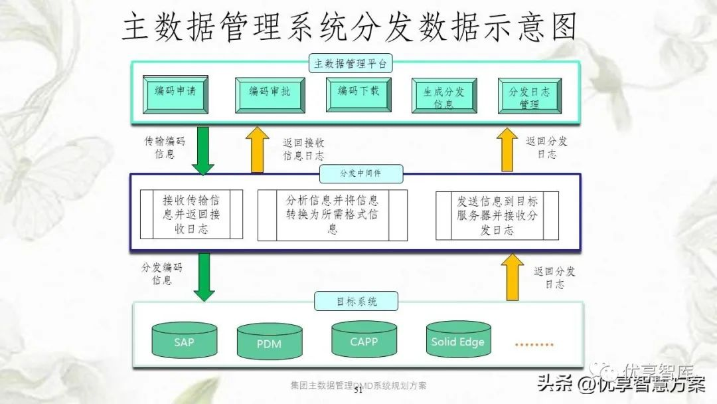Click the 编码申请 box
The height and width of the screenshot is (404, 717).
175,94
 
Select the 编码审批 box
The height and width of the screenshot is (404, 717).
270,94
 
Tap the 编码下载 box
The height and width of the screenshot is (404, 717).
358,94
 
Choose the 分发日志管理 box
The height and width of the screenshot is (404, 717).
529,97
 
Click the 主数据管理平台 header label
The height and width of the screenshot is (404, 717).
351,64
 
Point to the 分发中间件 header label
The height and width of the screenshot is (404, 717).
360,174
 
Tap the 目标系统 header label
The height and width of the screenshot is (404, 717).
356,301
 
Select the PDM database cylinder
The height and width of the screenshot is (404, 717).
269,342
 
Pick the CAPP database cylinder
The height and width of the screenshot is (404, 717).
364,340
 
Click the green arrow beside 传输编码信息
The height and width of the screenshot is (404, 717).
203,150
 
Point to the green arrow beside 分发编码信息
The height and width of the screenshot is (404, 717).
203,276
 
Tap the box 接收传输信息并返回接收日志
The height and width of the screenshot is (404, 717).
191,215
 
